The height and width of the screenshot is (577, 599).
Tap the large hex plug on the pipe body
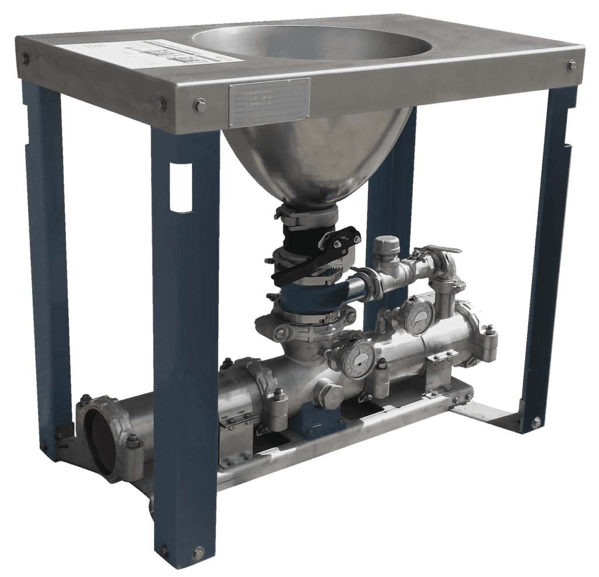point(325,392)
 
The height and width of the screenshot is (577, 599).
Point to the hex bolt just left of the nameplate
point(198,105)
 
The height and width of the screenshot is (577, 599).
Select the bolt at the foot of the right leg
point(536,420)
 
